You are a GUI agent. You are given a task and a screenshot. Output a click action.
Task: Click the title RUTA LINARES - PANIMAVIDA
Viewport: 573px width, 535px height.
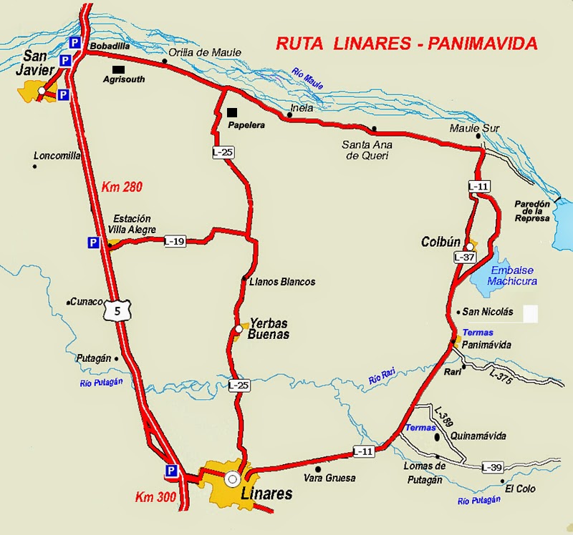[406, 44]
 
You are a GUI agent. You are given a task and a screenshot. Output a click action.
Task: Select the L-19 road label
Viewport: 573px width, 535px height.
[175, 241]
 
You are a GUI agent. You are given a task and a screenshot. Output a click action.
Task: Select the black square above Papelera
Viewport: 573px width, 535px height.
[231, 112]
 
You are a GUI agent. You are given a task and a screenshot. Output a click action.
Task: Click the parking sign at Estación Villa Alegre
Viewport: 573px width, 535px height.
[92, 243]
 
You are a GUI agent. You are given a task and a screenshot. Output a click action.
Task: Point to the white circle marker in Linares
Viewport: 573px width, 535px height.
[231, 478]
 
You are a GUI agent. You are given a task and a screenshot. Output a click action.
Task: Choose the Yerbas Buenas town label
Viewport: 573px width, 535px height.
[269, 328]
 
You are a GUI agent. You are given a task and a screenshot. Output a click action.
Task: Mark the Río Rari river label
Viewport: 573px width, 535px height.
[382, 377]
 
